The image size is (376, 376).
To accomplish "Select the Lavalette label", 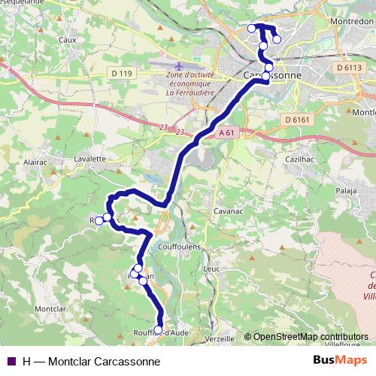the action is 90,159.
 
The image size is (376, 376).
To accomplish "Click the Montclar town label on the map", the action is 50,309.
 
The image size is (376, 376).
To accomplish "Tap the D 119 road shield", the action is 120,73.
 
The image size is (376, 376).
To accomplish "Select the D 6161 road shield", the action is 299,119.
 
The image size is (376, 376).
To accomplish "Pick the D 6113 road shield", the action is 350,67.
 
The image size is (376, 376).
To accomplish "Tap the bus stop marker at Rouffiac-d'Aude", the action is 158,329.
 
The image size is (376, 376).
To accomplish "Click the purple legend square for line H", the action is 11,361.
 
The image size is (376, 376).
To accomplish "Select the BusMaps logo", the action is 340,361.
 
